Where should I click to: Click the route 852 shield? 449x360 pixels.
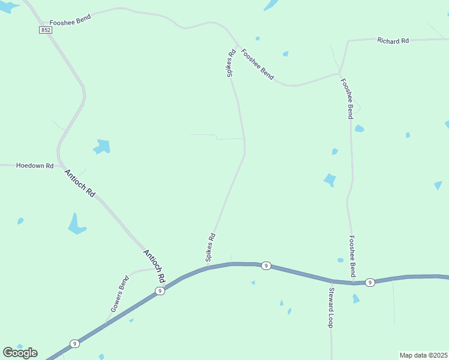tap(46, 29)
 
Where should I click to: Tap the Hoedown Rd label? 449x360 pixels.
tap(35, 166)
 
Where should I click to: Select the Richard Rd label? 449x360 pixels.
tap(393, 41)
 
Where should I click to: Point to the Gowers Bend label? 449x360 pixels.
tap(119, 294)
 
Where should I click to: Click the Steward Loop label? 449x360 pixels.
tap(331, 307)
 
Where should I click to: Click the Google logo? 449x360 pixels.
tap(20, 353)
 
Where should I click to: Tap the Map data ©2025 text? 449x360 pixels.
tap(424, 355)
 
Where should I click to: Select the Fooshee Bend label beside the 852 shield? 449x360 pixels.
tap(70, 19)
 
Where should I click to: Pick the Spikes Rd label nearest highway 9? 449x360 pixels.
tap(210, 247)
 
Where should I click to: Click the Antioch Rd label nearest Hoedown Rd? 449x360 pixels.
tap(80, 183)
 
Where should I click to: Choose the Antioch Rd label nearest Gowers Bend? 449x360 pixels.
tap(154, 266)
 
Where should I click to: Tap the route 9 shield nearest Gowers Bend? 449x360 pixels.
tap(159, 291)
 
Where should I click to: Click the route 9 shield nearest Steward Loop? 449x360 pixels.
tap(370, 282)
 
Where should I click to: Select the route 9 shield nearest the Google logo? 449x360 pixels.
tap(74, 344)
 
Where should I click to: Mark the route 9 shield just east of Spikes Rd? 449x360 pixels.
tap(266, 265)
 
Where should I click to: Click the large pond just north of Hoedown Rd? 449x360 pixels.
tap(102, 146)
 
